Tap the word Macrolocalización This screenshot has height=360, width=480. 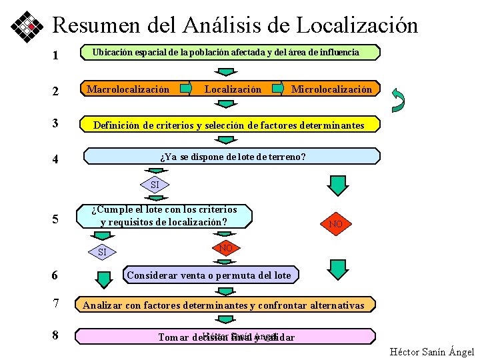[x=129, y=89]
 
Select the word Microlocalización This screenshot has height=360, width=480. [x=331, y=89]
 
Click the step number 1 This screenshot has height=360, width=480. [x=56, y=55]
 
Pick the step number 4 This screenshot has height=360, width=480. [x=56, y=160]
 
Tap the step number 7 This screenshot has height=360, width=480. [x=56, y=304]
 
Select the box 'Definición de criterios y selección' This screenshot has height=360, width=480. [x=229, y=125]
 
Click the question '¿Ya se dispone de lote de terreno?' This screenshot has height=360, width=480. [x=233, y=157]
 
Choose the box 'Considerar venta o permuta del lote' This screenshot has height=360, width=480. [x=209, y=275]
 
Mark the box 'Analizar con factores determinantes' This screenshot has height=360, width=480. [x=224, y=305]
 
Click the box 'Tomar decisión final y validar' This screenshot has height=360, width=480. [x=226, y=336]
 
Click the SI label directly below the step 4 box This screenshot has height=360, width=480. [x=155, y=185]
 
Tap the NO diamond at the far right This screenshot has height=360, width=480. [x=335, y=224]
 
